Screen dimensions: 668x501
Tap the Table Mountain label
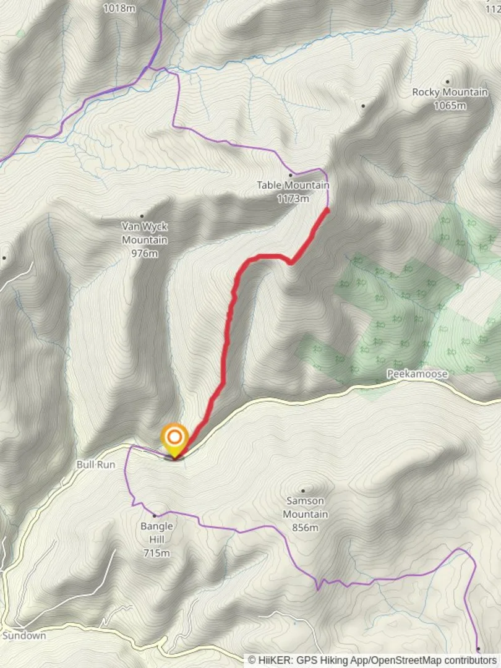click(x=293, y=185)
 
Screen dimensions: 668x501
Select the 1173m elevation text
click(x=293, y=199)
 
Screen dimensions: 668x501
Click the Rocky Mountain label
click(x=450, y=92)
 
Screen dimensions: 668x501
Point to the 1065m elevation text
click(x=450, y=105)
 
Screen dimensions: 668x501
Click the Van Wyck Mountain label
click(x=144, y=233)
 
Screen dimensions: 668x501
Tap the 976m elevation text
click(x=144, y=253)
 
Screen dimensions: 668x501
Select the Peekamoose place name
click(x=417, y=374)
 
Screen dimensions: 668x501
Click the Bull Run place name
click(x=96, y=464)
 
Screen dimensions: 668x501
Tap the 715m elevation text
click(x=156, y=552)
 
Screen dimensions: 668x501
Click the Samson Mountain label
click(x=306, y=507)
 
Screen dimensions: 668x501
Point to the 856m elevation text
click(x=306, y=527)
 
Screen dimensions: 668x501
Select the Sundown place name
click(x=24, y=635)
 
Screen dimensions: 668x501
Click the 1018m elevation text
click(x=119, y=8)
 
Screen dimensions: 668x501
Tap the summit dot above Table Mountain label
click(x=290, y=175)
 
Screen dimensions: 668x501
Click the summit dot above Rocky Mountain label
click(x=447, y=82)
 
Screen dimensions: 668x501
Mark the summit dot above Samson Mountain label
click(x=302, y=490)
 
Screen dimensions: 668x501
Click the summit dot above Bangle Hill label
click(x=155, y=515)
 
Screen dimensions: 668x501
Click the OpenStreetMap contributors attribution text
click(x=433, y=661)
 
